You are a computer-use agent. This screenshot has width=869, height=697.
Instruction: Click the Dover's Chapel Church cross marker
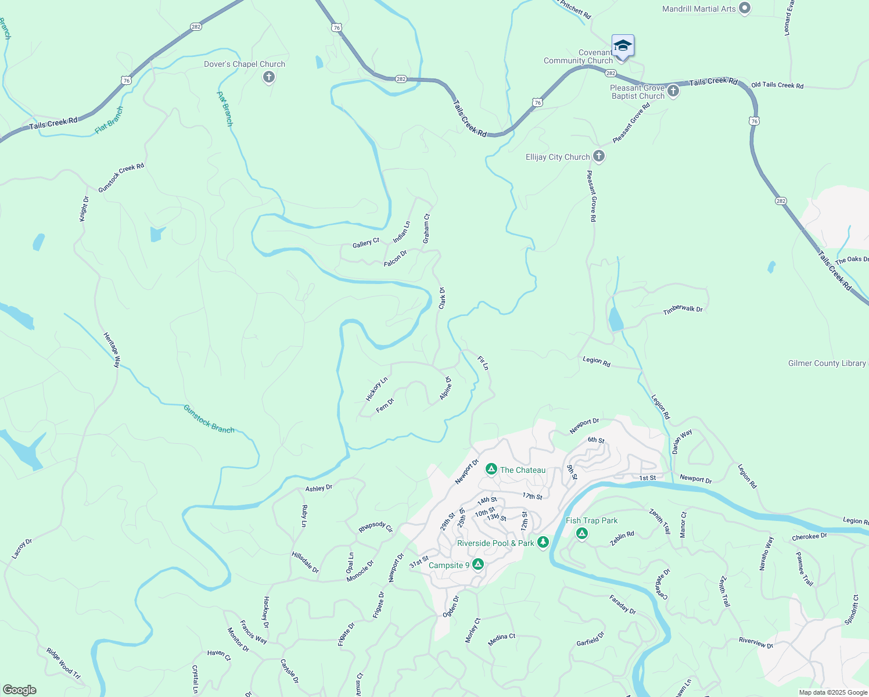click(x=268, y=77)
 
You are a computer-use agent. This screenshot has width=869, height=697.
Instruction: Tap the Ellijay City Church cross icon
click(x=599, y=156)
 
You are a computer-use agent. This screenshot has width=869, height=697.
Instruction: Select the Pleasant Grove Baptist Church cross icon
click(x=673, y=91)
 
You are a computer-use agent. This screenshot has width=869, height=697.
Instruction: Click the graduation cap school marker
click(x=622, y=46)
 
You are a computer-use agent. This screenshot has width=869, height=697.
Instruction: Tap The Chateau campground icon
click(x=491, y=469)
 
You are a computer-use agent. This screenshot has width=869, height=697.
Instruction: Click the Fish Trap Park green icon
click(x=581, y=533)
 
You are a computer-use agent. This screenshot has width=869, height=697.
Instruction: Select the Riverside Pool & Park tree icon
click(x=543, y=542)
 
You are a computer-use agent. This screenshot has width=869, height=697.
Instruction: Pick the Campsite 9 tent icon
click(x=478, y=564)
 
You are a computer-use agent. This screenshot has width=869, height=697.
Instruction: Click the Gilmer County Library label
click(x=827, y=363)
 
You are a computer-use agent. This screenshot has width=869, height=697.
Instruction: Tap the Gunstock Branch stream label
click(x=209, y=419)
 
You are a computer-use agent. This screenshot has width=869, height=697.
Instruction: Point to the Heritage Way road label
click(x=112, y=350)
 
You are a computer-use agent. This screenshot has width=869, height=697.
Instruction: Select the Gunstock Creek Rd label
click(x=121, y=177)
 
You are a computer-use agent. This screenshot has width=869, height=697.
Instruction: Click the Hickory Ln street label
click(x=376, y=389)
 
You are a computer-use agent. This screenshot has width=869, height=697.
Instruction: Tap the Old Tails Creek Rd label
click(x=777, y=85)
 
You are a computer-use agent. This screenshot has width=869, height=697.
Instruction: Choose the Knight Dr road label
click(x=84, y=209)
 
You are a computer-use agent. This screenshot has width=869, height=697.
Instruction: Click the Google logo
click(x=19, y=690)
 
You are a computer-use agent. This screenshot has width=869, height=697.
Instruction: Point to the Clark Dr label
click(x=442, y=298)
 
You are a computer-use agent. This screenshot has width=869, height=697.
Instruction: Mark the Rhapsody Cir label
click(x=375, y=526)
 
